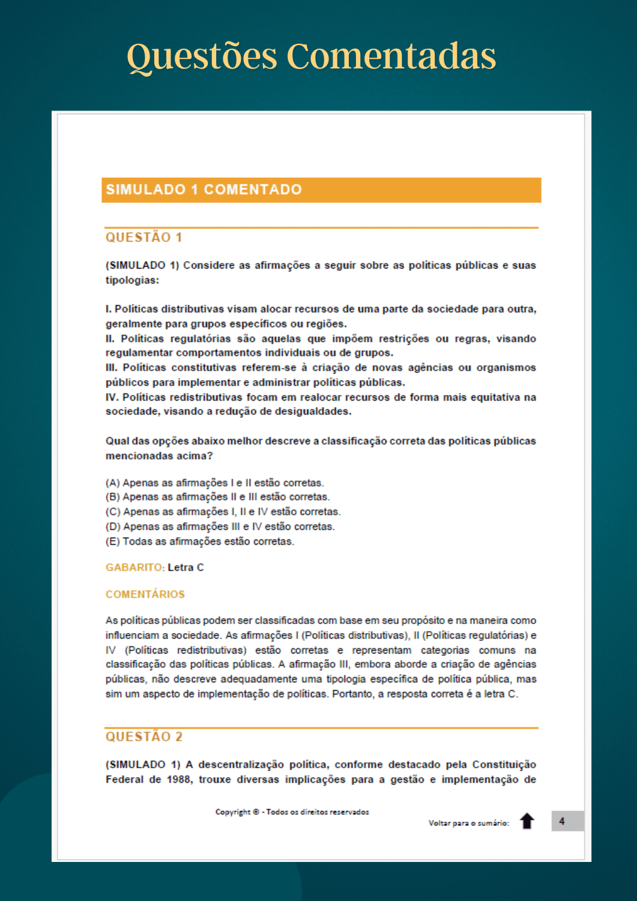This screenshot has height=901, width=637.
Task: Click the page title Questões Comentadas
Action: pos(311,56)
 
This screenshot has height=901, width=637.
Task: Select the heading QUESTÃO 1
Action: pos(143,237)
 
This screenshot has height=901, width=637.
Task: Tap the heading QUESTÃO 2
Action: pos(143,736)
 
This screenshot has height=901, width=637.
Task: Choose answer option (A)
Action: pos(214,483)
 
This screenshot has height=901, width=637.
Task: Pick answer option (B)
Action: pos(217,497)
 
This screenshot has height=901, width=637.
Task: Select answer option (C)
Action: pos(223,512)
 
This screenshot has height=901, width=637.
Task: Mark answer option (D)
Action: pos(220,527)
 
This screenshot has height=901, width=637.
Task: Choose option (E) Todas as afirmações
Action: pos(199,542)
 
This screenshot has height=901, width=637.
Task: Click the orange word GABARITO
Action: pos(134,568)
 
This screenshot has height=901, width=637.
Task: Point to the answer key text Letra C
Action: pos(186,568)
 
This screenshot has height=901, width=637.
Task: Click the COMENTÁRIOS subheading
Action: pos(145,594)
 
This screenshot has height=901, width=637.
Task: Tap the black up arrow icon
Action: pos(527,821)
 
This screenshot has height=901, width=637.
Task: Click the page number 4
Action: pos(562,821)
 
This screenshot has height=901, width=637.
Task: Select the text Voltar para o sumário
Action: pos(468,823)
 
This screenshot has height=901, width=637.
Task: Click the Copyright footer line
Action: pos(292,812)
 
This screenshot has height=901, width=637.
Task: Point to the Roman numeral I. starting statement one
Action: pos(109,309)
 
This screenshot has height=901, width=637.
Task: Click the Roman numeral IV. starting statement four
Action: pos(112,398)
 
